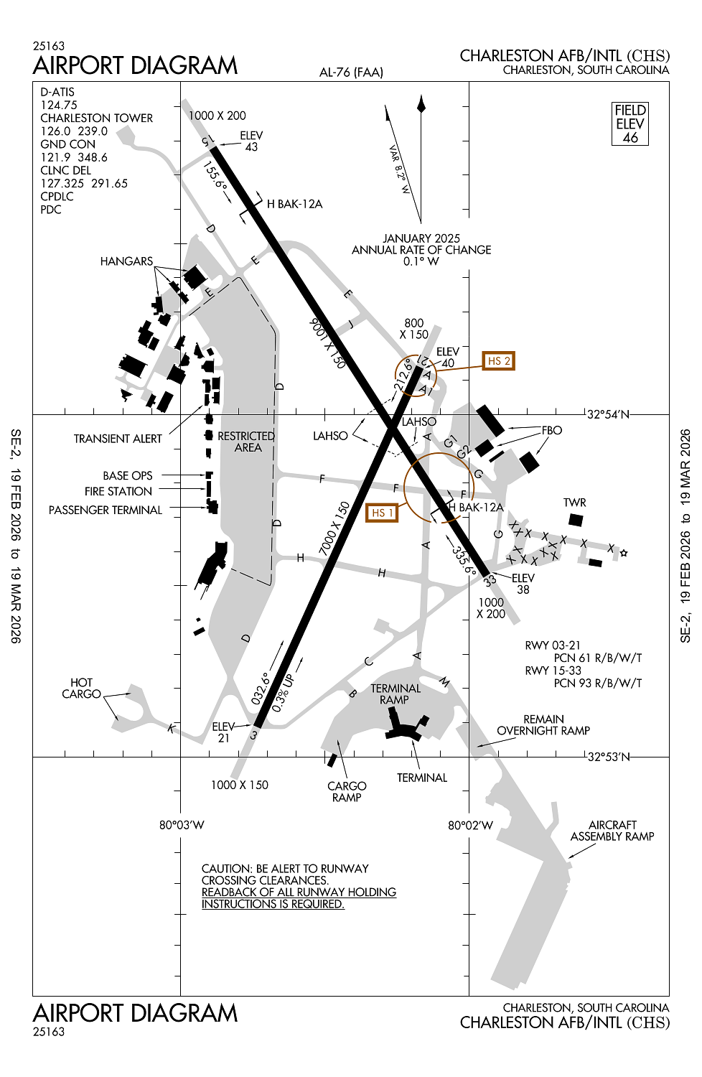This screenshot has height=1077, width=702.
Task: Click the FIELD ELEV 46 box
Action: click(x=630, y=123)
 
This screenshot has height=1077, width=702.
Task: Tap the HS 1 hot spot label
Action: click(x=382, y=513)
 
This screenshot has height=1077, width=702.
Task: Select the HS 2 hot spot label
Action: click(x=499, y=360)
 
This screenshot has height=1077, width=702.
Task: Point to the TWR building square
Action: click(x=576, y=520)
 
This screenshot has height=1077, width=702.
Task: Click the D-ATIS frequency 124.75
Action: click(x=59, y=105)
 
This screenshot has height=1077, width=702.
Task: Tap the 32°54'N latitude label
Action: click(x=608, y=414)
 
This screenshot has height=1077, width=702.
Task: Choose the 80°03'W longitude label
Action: click(x=182, y=825)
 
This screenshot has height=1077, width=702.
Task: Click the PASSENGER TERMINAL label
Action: click(x=106, y=510)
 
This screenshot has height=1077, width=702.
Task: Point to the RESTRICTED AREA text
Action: click(x=247, y=442)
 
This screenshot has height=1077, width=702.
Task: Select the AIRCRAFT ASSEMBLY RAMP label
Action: click(x=612, y=830)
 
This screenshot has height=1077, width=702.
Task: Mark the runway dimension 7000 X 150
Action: click(x=334, y=528)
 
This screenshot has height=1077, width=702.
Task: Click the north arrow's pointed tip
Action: click(x=421, y=95)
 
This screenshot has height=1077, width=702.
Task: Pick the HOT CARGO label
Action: click(x=81, y=688)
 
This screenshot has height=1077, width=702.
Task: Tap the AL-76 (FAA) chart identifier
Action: click(x=352, y=73)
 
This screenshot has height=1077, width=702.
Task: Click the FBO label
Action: click(x=551, y=430)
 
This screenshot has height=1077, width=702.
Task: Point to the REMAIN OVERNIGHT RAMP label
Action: click(x=543, y=724)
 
